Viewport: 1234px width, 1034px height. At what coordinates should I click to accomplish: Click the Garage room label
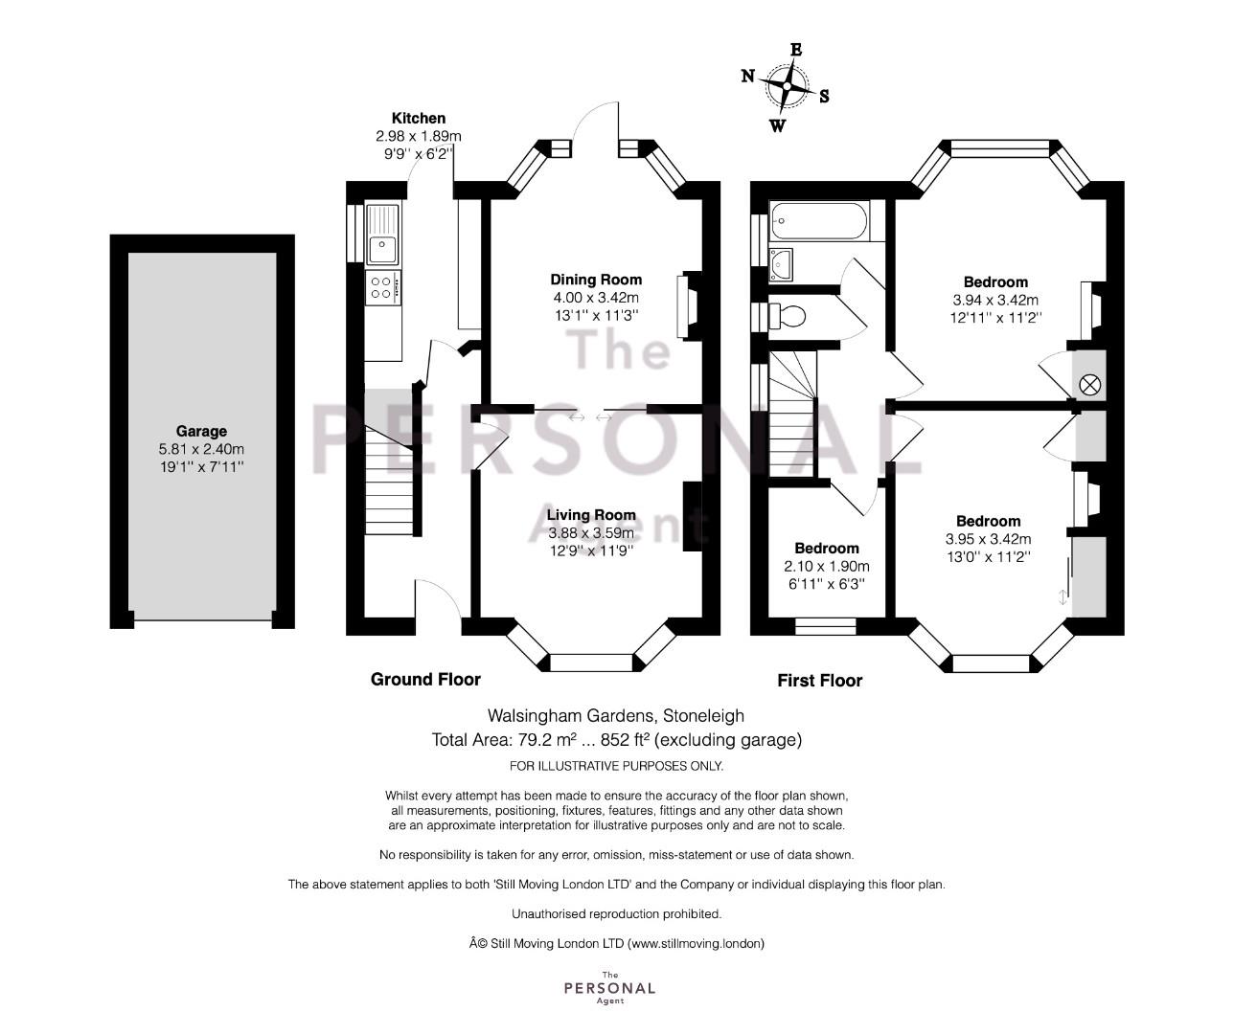[201, 431]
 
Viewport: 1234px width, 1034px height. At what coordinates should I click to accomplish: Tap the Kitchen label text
[419, 118]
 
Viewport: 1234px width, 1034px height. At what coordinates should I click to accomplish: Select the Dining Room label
[596, 280]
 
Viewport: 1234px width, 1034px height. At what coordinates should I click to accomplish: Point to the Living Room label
[591, 515]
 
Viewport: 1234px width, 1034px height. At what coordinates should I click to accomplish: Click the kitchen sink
[383, 233]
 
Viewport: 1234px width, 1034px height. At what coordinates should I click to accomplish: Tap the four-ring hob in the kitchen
[382, 288]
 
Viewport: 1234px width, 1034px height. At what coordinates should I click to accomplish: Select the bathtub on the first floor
[818, 220]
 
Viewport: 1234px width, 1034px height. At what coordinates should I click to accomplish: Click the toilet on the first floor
[787, 316]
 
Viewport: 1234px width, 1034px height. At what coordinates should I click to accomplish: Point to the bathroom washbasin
[781, 264]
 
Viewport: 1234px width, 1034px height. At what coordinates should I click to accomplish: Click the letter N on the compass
[748, 77]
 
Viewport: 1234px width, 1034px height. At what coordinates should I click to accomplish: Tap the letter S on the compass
[824, 97]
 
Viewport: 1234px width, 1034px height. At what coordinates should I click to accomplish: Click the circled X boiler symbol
[1089, 386]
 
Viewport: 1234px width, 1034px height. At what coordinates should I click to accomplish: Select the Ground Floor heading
[425, 680]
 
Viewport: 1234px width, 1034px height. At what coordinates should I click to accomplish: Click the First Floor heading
[820, 681]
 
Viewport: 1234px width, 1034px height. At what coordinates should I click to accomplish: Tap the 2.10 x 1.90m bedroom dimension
[826, 567]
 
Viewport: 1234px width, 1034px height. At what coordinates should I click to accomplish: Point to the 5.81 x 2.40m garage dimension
[201, 449]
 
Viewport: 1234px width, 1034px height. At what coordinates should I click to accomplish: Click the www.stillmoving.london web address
[696, 943]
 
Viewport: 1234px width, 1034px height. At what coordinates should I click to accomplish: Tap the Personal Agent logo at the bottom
[609, 987]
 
